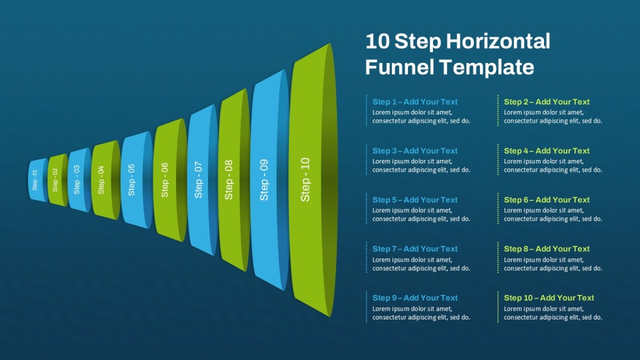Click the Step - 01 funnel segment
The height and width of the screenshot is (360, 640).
(x=38, y=180)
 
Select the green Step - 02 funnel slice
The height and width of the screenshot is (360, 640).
(x=58, y=180)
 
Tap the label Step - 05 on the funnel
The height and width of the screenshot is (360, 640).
(x=131, y=180)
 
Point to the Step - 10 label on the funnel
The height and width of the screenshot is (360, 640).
(x=305, y=179)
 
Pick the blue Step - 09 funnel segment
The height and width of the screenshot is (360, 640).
(x=269, y=180)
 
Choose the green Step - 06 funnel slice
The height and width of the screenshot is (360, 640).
(x=170, y=180)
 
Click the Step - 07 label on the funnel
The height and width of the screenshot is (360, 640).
(x=198, y=180)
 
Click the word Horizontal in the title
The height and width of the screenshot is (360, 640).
(x=498, y=41)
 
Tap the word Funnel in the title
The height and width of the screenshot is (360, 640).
(x=399, y=67)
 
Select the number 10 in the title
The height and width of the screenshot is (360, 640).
(x=378, y=41)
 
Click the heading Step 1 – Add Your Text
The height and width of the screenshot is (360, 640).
(x=415, y=102)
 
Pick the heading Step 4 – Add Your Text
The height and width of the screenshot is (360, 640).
(x=547, y=150)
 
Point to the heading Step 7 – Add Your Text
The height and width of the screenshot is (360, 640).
(x=415, y=249)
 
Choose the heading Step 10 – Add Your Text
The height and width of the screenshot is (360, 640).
(x=549, y=298)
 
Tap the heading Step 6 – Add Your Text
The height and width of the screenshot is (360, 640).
(x=547, y=199)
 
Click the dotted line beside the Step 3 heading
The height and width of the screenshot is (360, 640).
(x=366, y=159)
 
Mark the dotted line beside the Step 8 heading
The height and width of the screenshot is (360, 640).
(x=498, y=258)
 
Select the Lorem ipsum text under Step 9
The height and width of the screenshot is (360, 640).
(x=421, y=313)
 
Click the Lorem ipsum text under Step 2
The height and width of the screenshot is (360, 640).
(x=553, y=117)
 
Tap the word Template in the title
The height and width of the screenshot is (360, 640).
(x=487, y=67)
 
